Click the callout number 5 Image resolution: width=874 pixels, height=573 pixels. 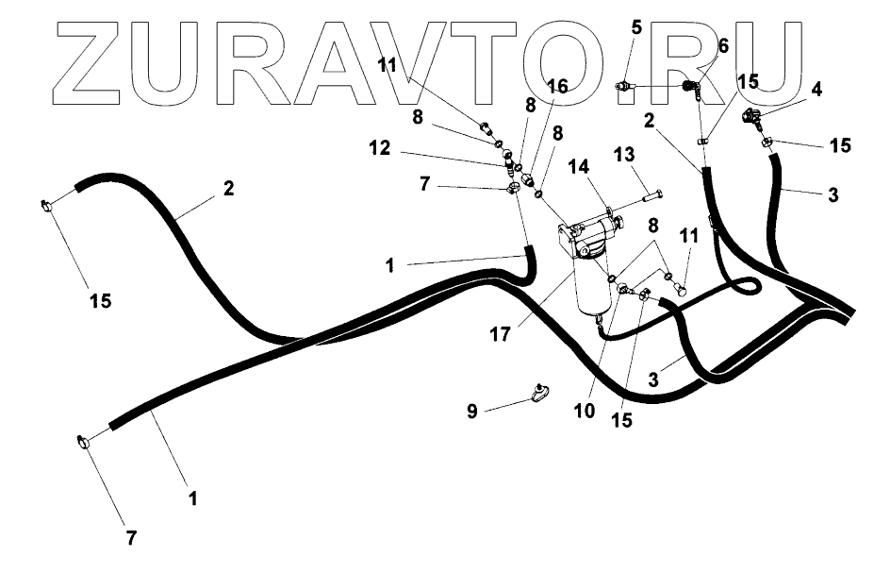[x=636, y=26]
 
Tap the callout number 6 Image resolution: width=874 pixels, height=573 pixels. [x=723, y=45]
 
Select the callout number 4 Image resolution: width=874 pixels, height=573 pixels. [x=816, y=90]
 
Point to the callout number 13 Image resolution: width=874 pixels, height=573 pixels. [x=623, y=154]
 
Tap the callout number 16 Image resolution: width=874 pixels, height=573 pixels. [x=557, y=87]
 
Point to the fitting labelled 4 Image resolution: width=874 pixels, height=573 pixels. [x=753, y=118]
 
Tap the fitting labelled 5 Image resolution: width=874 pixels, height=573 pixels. [x=623, y=87]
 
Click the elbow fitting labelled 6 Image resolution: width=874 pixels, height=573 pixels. [x=691, y=90]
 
